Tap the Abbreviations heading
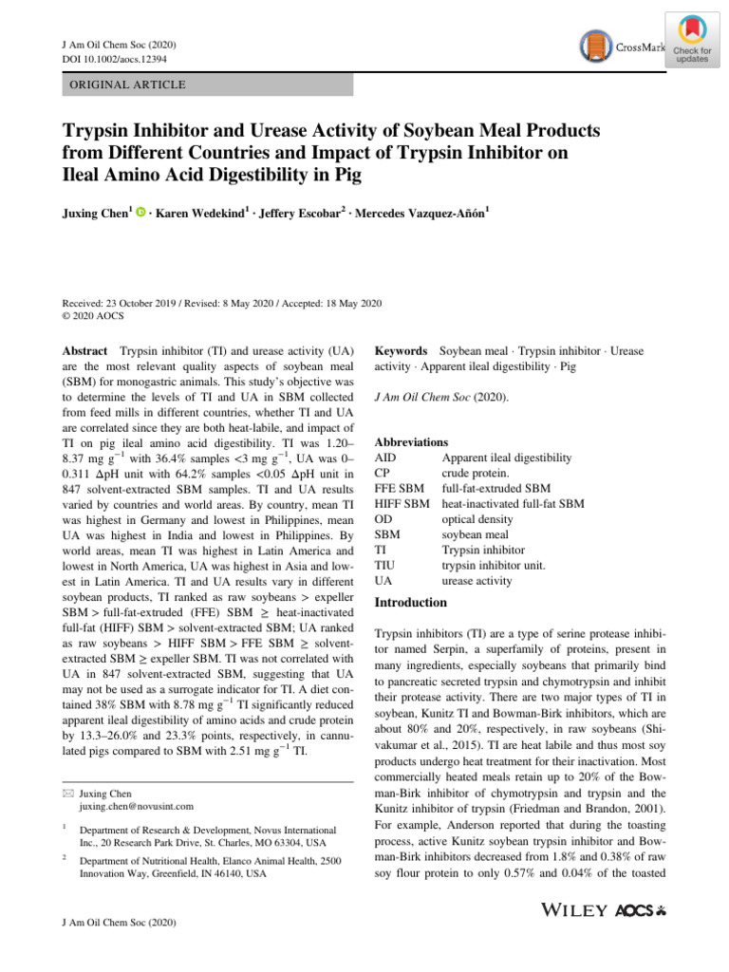[x=411, y=442]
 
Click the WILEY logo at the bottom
[x=574, y=910]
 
